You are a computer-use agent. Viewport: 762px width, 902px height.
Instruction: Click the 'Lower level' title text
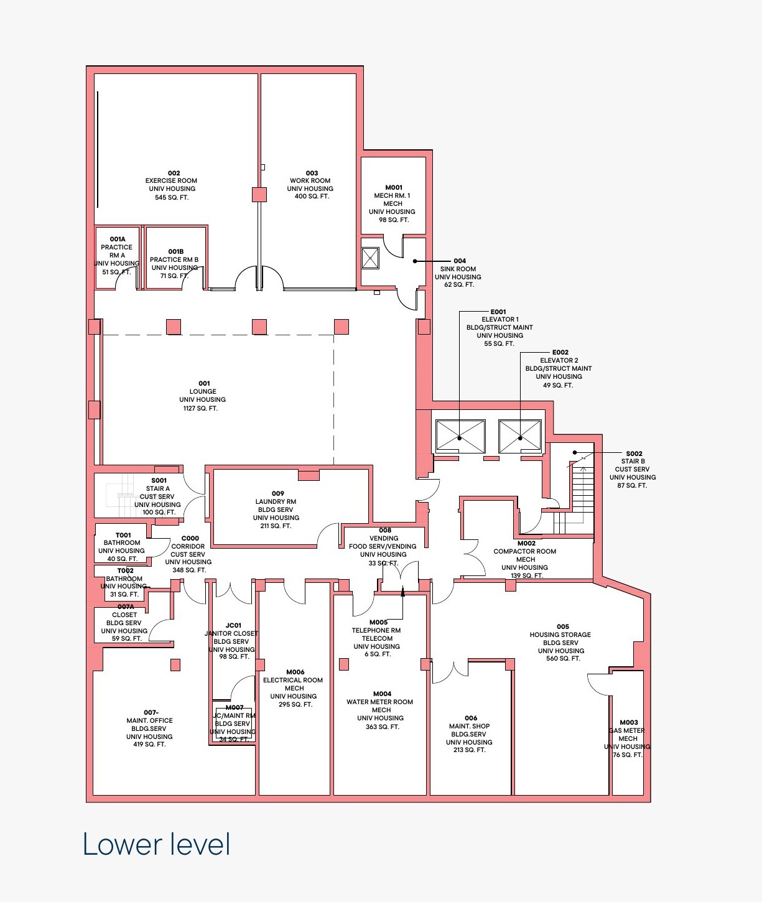coord(156,844)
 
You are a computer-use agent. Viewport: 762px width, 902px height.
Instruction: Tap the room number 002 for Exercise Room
coord(174,173)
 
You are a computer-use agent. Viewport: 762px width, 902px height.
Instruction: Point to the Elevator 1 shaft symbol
coord(460,436)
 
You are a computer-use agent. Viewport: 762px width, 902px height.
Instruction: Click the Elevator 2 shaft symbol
coord(519,436)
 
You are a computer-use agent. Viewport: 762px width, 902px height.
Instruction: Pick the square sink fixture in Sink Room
coord(370,258)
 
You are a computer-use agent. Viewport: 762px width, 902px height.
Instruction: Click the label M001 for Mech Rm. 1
coord(394,187)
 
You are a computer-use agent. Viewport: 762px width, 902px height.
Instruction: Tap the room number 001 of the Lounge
coord(204,383)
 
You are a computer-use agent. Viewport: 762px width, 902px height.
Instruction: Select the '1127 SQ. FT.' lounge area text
coord(200,408)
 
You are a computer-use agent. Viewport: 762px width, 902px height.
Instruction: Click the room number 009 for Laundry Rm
coord(278,493)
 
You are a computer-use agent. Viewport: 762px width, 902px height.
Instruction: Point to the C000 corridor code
coord(190,538)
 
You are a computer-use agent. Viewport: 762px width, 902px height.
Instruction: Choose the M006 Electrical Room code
coord(295,672)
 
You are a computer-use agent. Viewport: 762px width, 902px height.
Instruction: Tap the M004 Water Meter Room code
coord(383,694)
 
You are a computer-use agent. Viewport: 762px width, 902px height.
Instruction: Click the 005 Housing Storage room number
coord(563,626)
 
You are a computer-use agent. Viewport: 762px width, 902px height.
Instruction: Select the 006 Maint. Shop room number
coord(471,718)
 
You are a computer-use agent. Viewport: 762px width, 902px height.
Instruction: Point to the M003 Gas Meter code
coord(629,722)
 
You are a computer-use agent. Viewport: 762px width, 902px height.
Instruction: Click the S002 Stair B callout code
coord(634,453)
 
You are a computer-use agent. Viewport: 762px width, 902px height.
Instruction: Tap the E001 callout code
coord(498,312)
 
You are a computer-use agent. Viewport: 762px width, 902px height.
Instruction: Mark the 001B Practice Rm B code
coord(176,251)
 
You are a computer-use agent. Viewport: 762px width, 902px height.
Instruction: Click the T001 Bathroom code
coord(123,535)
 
